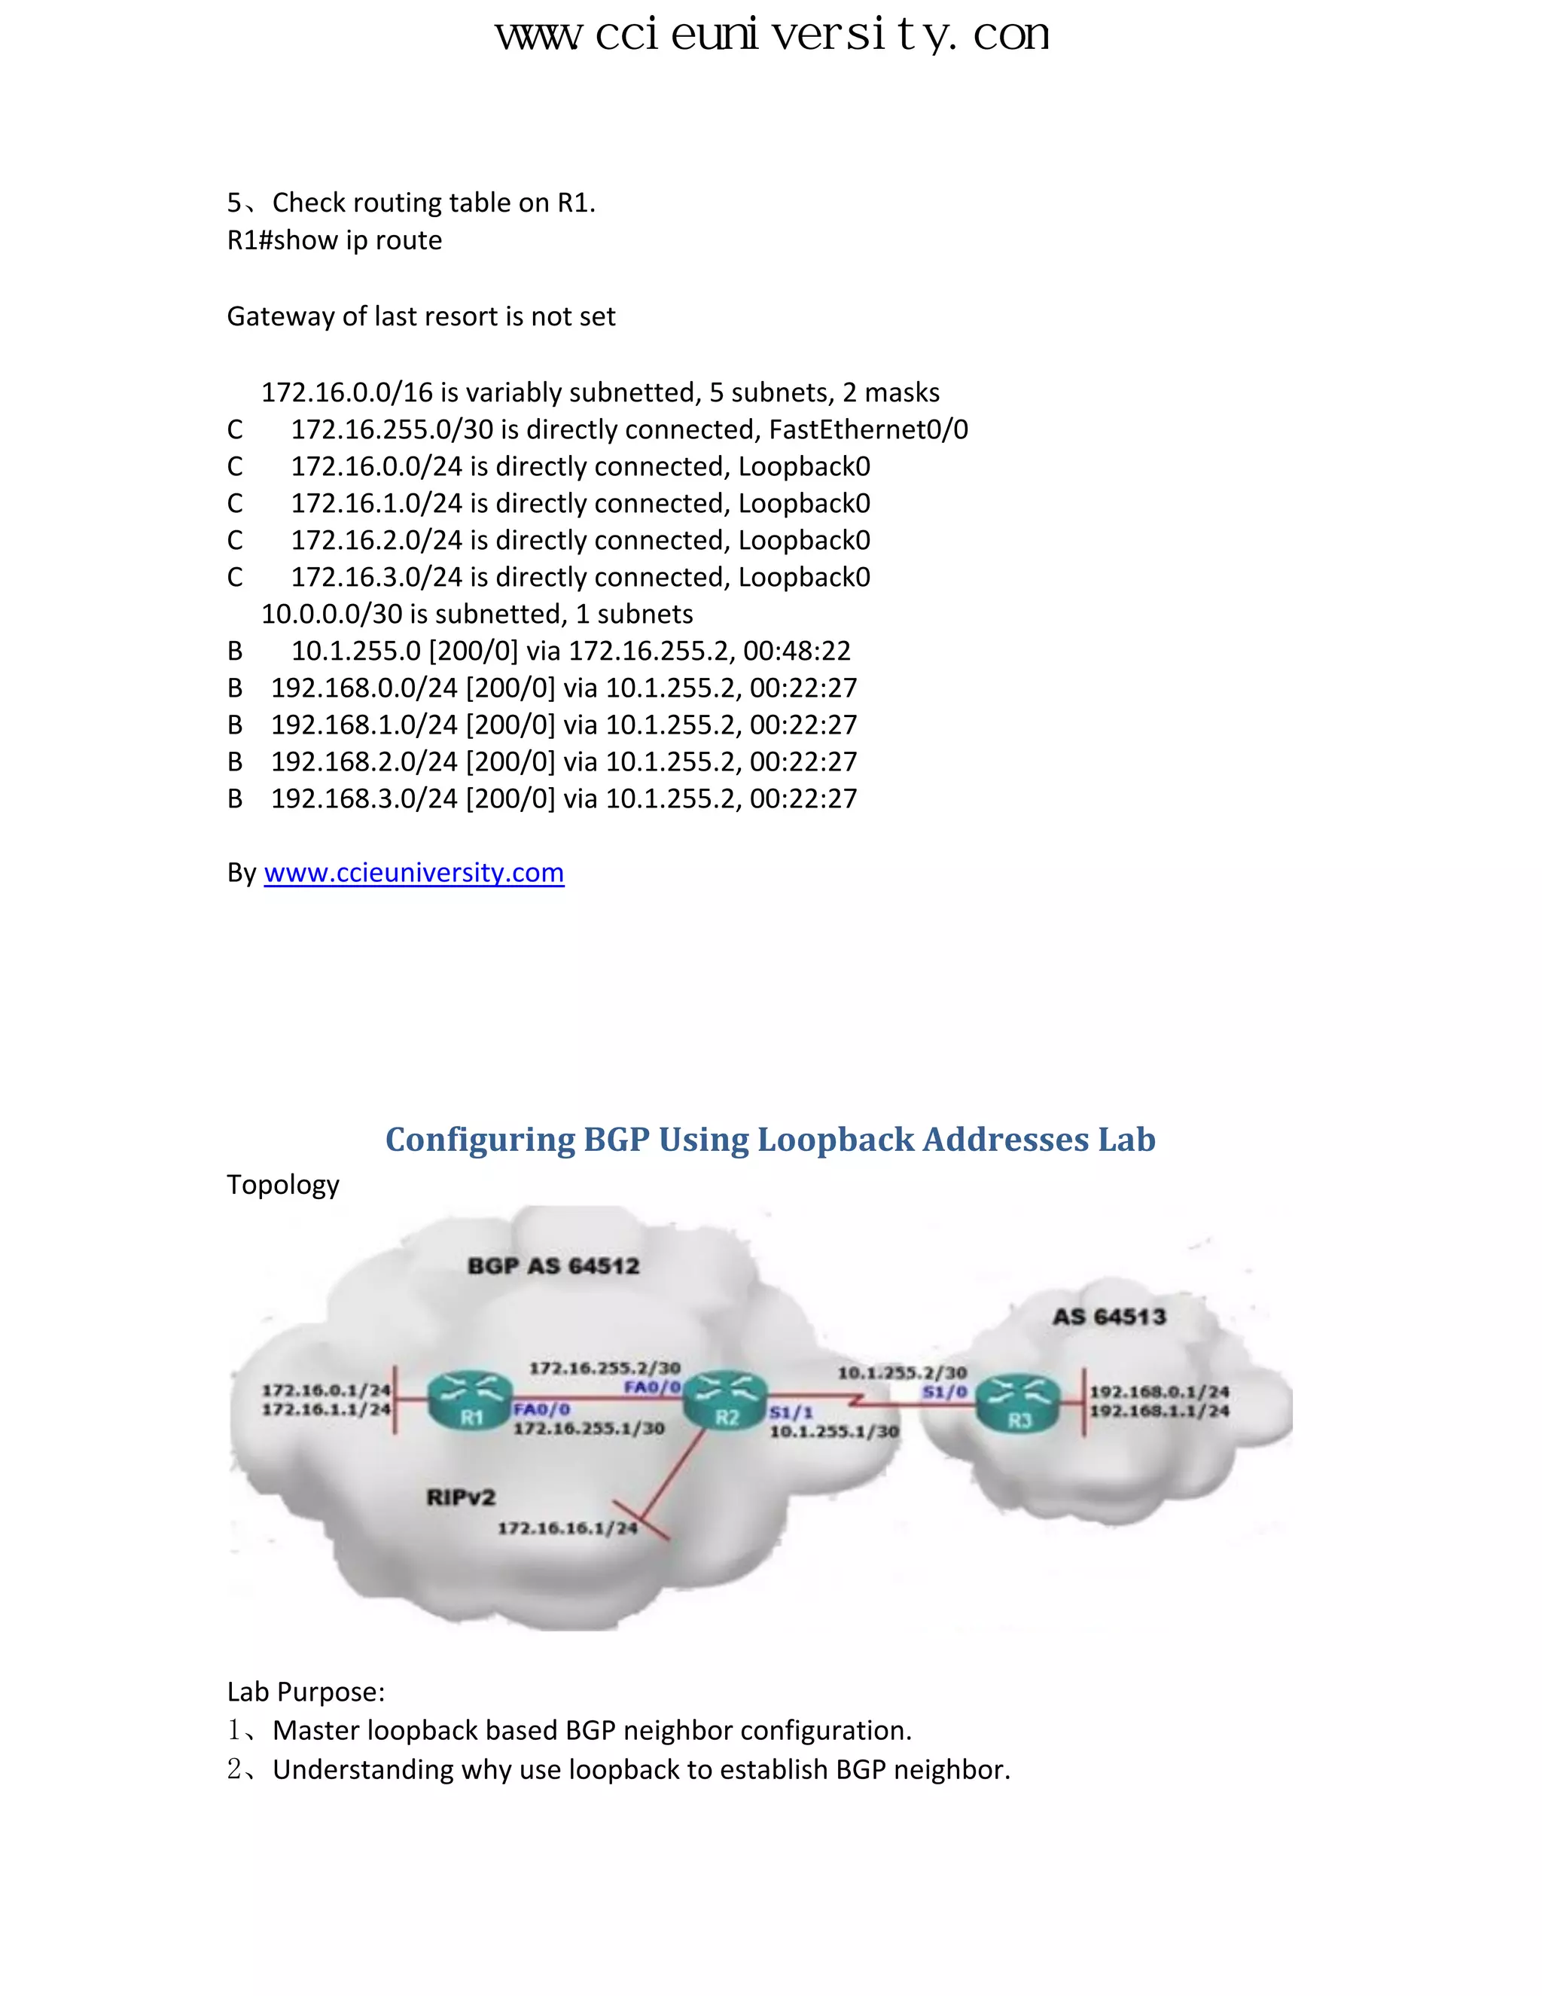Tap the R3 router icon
coord(1019,1403)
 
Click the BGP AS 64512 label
coord(553,1266)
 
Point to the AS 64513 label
coord(1109,1316)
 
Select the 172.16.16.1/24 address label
coord(567,1528)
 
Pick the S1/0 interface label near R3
coord(945,1392)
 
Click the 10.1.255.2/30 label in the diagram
coord(901,1372)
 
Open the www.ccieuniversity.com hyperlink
coord(414,873)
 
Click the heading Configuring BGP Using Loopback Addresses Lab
coord(770,1139)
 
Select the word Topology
coord(283,1185)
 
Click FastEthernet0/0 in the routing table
coord(868,429)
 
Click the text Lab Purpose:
coord(306,1692)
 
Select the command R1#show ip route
coord(334,240)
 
